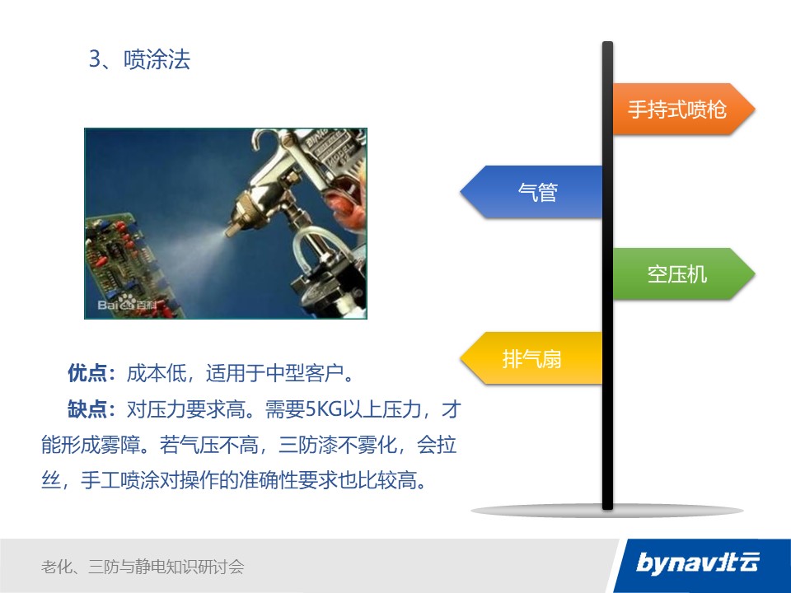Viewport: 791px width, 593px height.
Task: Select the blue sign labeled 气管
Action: [531, 192]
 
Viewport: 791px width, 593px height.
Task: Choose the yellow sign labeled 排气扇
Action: [531, 358]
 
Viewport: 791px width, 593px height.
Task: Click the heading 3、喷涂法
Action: [140, 59]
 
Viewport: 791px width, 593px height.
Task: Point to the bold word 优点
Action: [87, 373]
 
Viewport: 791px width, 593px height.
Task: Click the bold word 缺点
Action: [87, 409]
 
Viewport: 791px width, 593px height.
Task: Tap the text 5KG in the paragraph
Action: [324, 409]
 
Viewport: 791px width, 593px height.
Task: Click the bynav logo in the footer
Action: [698, 563]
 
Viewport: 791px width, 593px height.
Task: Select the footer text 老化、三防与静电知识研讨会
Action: [143, 567]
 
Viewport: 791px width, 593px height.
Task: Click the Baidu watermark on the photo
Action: [127, 303]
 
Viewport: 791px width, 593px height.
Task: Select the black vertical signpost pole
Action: [607, 275]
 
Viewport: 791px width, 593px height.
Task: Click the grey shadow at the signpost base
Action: [607, 511]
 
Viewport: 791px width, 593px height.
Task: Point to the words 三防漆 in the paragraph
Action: [307, 445]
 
